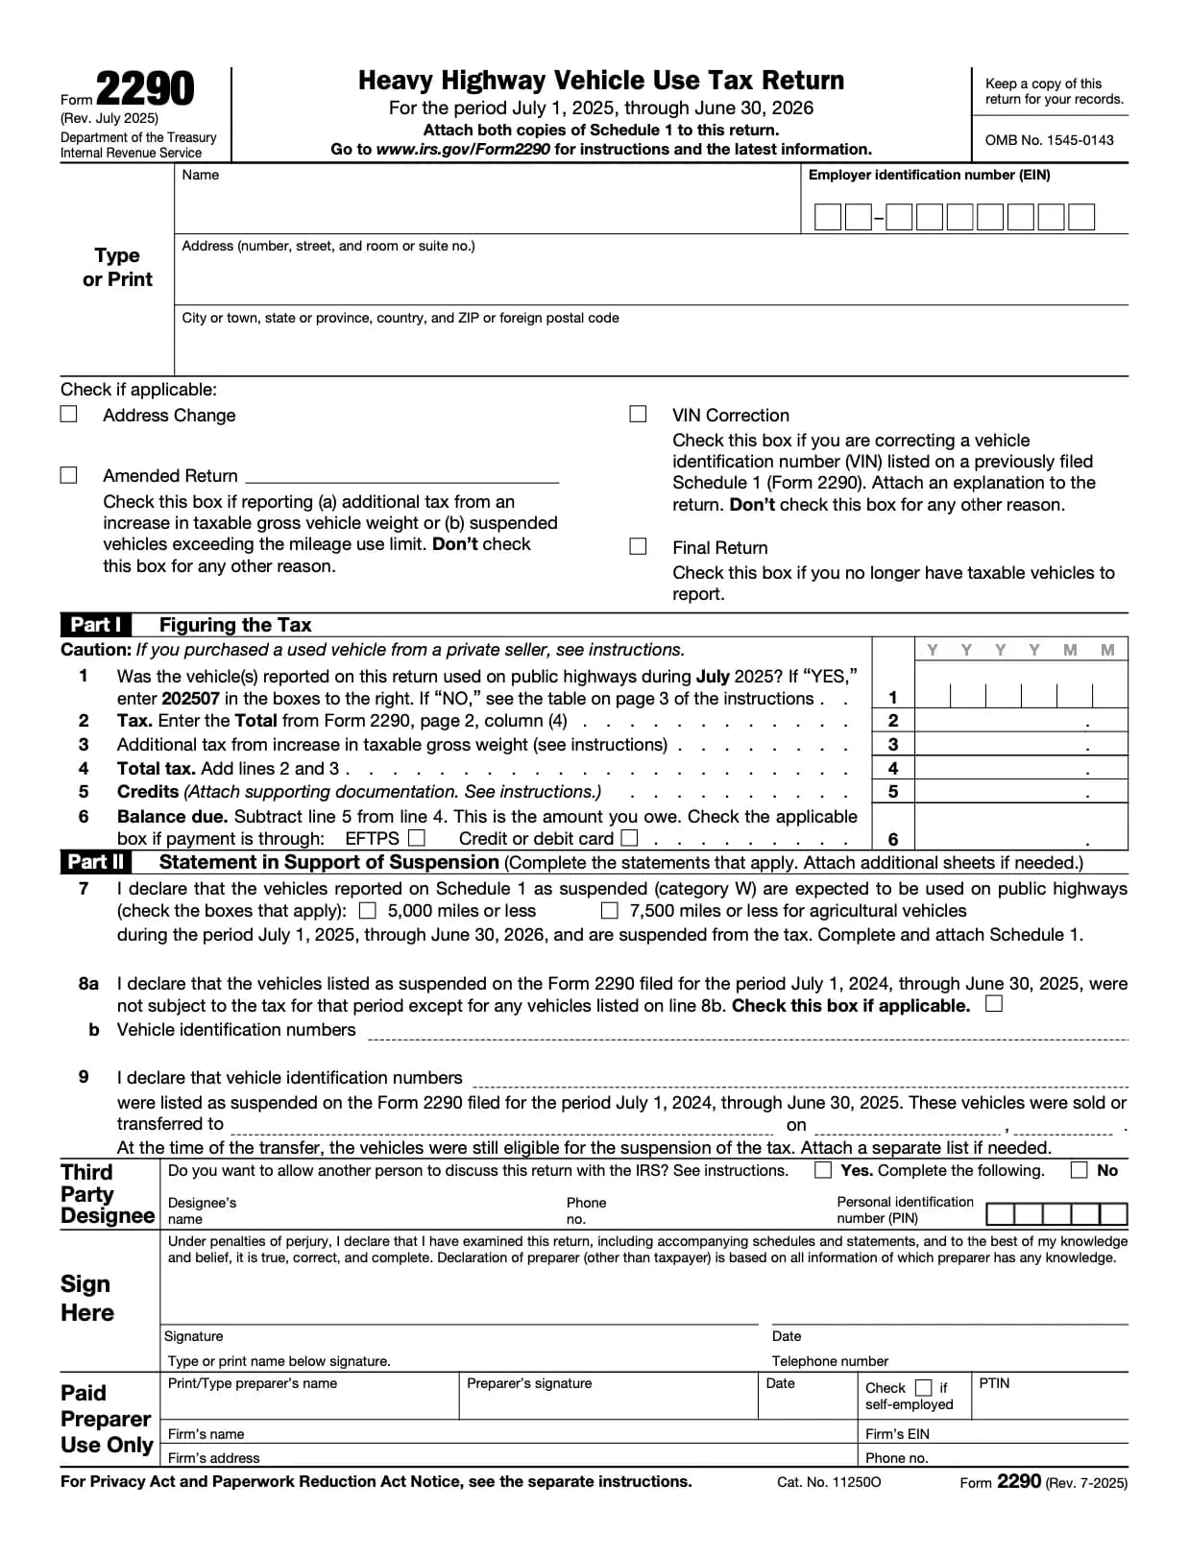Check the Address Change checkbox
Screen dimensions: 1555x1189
69,414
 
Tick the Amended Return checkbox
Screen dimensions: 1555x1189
69,475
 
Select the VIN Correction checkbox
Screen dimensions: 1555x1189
638,414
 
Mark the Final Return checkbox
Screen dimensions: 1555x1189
638,546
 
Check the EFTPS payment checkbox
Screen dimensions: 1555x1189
416,838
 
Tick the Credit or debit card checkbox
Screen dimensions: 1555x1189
629,838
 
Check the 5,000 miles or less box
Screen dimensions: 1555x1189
368,910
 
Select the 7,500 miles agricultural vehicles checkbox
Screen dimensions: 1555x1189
610,910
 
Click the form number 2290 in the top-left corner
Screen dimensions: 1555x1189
145,89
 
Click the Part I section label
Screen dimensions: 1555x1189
96,625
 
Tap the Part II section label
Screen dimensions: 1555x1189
96,862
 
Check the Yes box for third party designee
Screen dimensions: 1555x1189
823,1170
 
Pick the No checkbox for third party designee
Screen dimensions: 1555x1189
1080,1170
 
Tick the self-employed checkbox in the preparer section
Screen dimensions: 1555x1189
924,1388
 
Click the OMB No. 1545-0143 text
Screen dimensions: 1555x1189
1049,140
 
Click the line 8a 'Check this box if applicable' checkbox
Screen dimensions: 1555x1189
994,1004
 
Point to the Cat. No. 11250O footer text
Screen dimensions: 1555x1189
829,1482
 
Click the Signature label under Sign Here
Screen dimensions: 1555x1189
194,1336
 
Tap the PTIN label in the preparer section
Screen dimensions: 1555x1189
994,1383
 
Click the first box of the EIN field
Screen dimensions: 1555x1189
827,217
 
